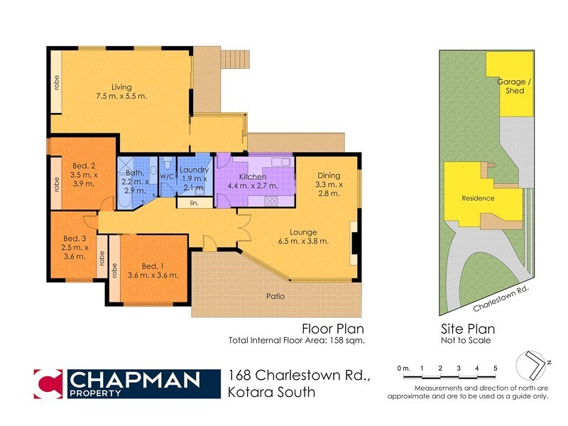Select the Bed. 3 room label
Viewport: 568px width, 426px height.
75,238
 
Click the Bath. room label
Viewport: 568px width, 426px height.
134,173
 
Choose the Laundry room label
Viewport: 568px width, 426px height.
193,170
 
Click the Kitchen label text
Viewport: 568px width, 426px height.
252,176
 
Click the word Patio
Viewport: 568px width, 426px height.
275,296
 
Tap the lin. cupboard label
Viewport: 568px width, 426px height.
193,204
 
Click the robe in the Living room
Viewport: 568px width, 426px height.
55,83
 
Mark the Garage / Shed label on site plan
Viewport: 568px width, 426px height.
510,86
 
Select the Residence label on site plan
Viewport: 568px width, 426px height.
478,198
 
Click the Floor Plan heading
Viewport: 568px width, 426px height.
333,329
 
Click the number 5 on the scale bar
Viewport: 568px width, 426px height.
495,368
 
